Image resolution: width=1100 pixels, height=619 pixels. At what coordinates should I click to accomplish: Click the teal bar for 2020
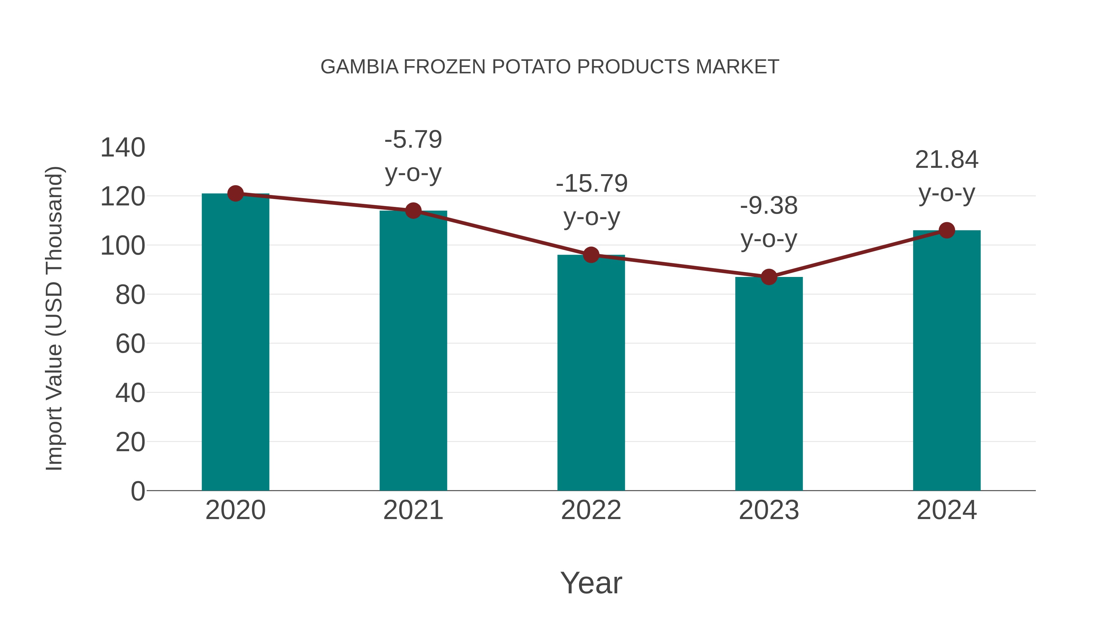235,342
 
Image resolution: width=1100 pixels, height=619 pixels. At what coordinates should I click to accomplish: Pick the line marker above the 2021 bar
413,211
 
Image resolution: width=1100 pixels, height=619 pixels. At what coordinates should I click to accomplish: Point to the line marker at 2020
235,193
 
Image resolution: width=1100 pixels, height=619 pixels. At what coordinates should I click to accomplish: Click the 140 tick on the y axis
123,148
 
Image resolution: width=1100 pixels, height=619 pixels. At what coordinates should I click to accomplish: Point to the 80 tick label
130,295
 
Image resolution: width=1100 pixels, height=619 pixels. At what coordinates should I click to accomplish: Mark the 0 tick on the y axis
137,491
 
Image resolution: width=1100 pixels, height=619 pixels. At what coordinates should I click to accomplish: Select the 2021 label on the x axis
413,510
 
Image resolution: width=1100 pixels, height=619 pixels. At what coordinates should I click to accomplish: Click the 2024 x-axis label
947,510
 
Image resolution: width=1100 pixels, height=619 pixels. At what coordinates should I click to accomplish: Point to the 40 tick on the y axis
130,393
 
